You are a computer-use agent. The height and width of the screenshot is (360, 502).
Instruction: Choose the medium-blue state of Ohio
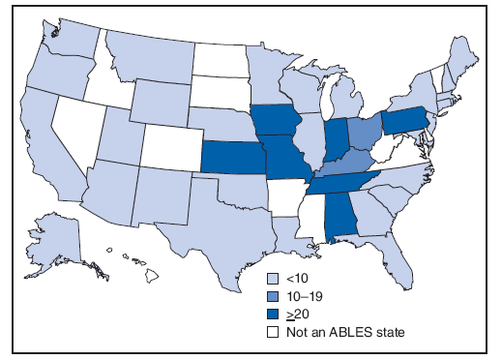click(x=363, y=132)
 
